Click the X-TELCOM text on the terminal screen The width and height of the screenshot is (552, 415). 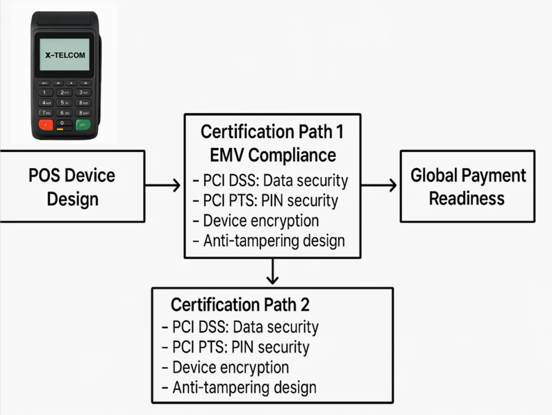65,55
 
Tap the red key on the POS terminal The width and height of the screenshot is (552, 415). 45,125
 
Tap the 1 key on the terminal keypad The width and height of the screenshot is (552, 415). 45,93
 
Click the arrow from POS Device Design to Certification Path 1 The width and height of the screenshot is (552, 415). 163,186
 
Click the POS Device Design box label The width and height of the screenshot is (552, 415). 72,187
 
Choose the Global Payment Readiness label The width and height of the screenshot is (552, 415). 467,186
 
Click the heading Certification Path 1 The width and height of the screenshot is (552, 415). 272,132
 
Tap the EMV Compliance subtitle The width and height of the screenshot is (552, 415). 272,155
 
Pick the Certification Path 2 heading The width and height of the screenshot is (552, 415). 240,305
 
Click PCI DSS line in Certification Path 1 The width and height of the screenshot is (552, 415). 271,181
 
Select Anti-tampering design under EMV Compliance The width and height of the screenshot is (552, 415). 269,240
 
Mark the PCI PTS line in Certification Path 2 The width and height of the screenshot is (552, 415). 236,347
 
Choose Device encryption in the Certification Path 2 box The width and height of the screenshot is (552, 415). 226,368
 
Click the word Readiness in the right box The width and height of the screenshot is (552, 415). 467,198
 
